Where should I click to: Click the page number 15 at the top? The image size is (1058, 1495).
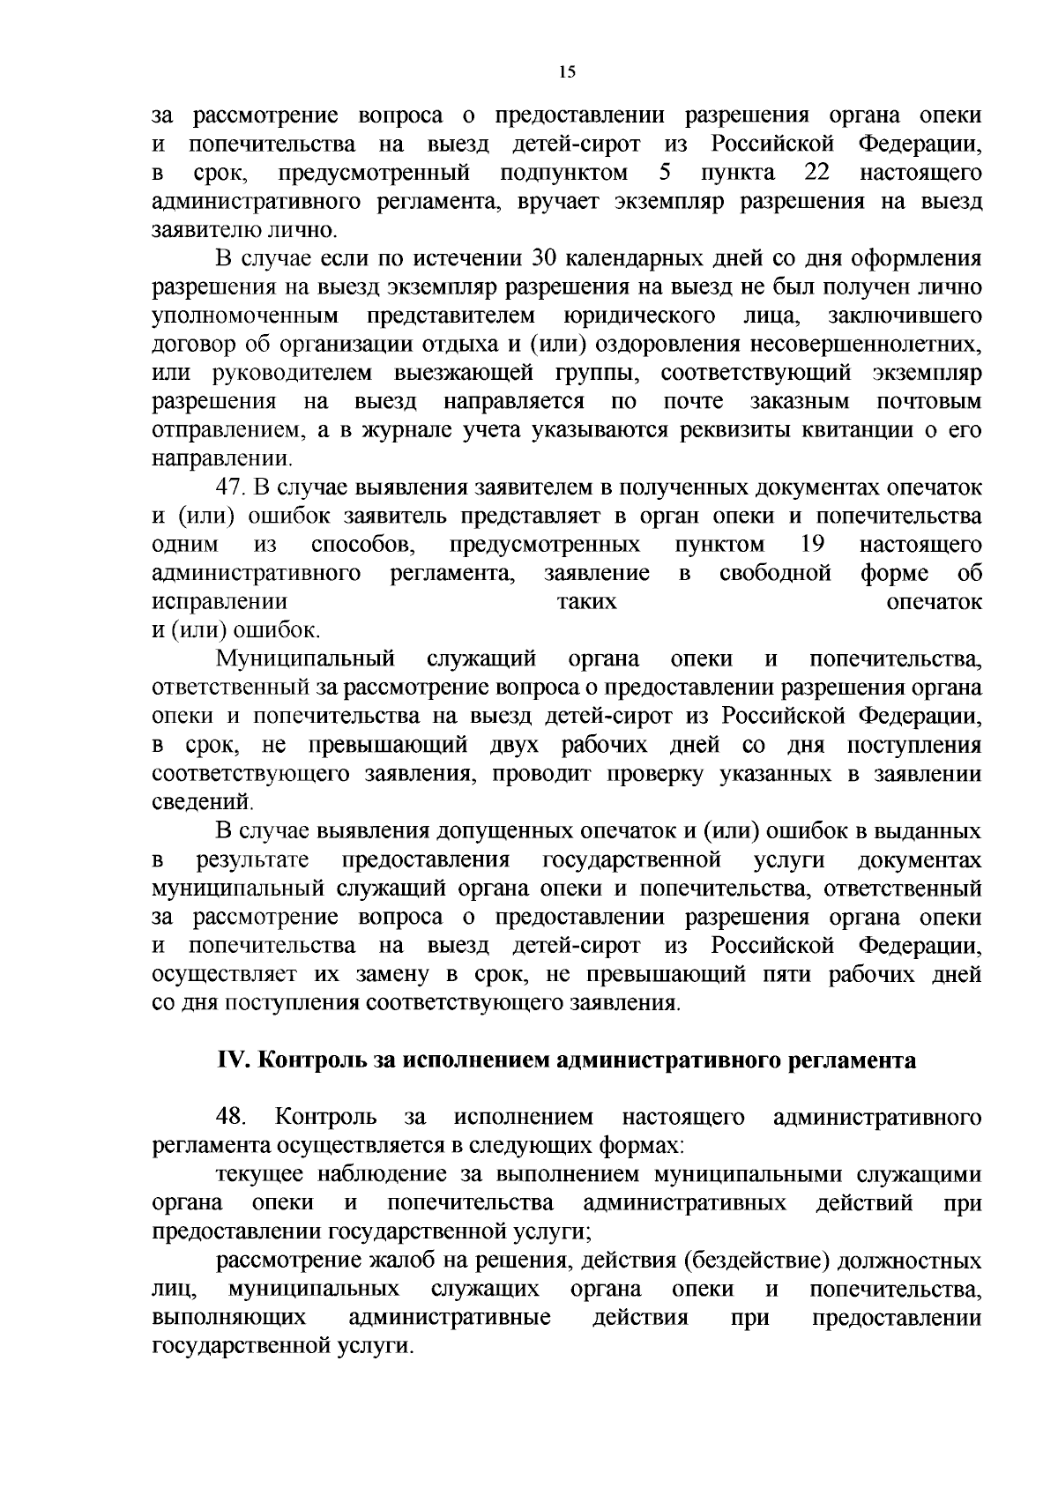[567, 73]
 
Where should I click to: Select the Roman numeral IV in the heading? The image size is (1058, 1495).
[233, 1060]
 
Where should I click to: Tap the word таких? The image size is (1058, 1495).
[588, 602]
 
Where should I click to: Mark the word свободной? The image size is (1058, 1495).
[776, 573]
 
